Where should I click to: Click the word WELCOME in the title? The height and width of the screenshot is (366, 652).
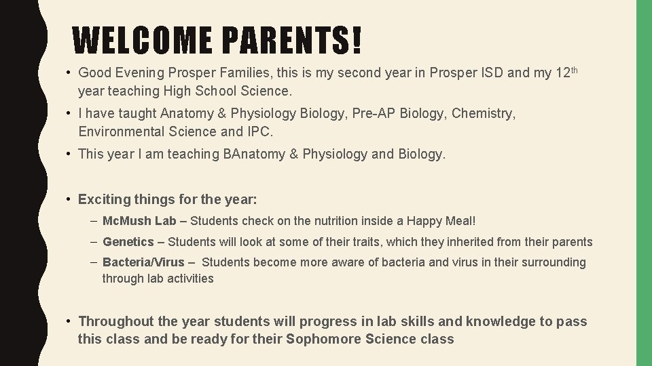pyautogui.click(x=143, y=41)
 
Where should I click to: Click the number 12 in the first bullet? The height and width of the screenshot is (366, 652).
pyautogui.click(x=562, y=73)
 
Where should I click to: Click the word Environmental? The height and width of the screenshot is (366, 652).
pyautogui.click(x=121, y=131)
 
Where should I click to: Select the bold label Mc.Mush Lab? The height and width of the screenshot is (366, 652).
pyautogui.click(x=139, y=221)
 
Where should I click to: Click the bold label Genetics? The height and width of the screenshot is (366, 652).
pyautogui.click(x=128, y=242)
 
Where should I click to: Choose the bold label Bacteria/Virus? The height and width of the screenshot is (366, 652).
pyautogui.click(x=143, y=262)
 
